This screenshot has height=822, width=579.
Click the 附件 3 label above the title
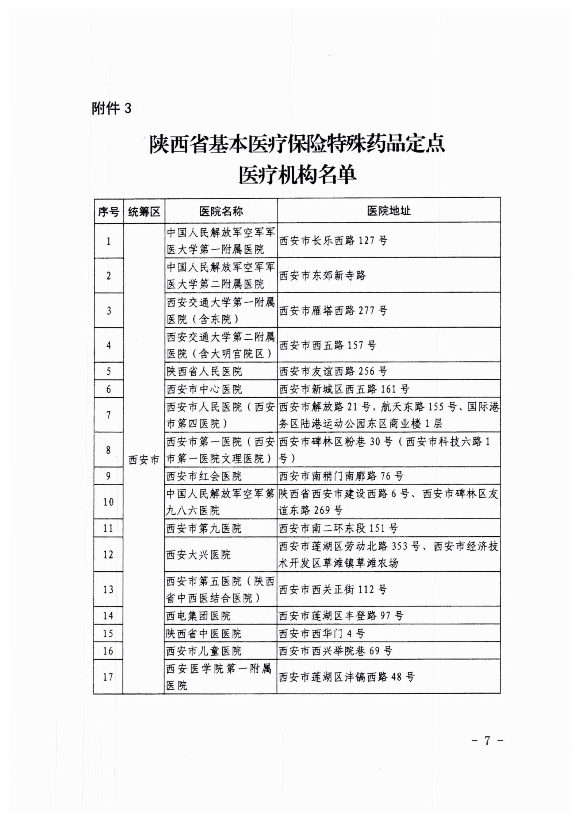111,108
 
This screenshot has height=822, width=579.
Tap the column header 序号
108,211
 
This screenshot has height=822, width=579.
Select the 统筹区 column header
144,211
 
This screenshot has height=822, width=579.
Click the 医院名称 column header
221,211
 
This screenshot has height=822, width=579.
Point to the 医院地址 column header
388,211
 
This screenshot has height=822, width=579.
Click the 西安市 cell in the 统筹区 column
144,460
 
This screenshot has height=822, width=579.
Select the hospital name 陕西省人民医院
204,371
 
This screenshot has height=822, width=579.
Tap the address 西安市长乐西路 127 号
333,240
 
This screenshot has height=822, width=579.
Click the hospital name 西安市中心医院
204,389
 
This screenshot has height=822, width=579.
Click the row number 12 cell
108,555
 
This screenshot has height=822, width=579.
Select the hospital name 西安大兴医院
199,555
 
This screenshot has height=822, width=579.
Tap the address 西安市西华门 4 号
322,633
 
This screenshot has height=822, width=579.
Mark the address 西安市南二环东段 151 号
338,528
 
